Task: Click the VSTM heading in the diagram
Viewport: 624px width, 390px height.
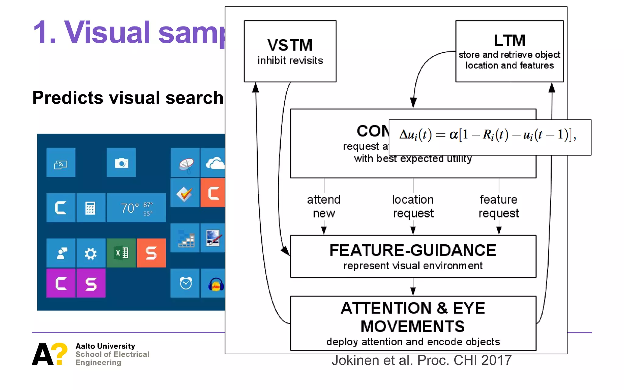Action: click(x=290, y=45)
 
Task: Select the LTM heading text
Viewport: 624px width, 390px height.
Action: click(x=509, y=41)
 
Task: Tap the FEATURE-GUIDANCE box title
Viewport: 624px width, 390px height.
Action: click(x=413, y=250)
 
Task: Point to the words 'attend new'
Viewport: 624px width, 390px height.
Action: click(x=324, y=206)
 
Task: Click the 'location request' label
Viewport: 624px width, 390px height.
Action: click(x=413, y=206)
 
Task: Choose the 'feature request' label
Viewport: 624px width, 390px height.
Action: click(x=498, y=206)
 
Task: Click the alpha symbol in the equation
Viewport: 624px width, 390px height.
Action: click(x=453, y=134)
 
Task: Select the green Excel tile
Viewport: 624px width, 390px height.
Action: click(x=121, y=253)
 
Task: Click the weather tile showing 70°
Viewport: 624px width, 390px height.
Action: click(x=136, y=208)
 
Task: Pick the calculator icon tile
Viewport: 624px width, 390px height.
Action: click(x=90, y=208)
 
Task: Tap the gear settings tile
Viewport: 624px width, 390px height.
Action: click(x=90, y=253)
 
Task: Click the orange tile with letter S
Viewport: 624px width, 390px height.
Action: click(x=151, y=253)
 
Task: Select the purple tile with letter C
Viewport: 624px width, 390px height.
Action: click(x=61, y=283)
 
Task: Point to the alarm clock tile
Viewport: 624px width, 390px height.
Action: click(x=185, y=283)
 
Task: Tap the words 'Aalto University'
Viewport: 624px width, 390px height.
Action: click(x=105, y=346)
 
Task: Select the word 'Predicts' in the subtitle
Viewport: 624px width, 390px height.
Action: click(x=68, y=98)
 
